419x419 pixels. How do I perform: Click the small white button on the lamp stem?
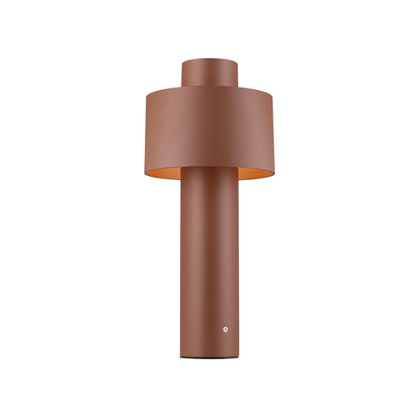pos(225,329)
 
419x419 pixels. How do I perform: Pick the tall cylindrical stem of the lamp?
pos(209,262)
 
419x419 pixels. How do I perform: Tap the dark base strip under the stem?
pos(209,358)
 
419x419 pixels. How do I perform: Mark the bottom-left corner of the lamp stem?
pos(182,357)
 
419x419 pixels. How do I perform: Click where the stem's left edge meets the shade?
pos(182,168)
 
